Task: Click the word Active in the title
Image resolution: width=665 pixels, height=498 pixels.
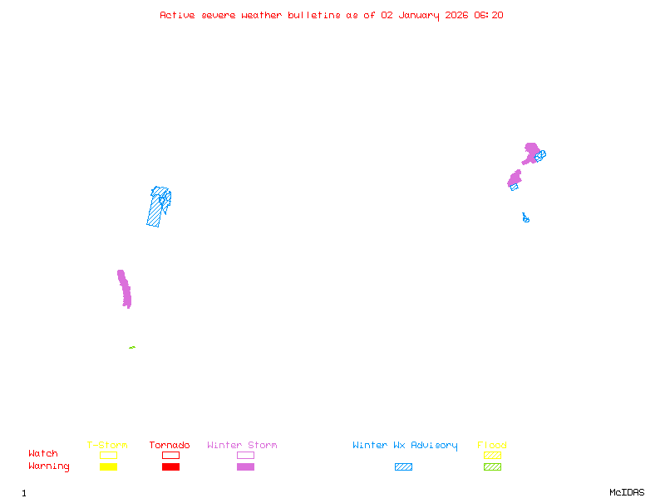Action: click(178, 15)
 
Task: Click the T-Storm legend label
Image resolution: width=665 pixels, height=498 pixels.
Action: click(107, 446)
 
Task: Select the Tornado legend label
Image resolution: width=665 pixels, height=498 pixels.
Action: click(170, 446)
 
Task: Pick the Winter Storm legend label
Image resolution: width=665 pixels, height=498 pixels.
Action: click(242, 446)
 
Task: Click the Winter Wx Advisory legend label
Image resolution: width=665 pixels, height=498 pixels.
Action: click(405, 446)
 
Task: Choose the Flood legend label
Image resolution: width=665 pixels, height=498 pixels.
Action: click(492, 446)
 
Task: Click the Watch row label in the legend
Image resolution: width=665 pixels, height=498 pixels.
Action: click(43, 454)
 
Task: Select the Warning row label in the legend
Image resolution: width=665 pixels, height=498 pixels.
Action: click(49, 466)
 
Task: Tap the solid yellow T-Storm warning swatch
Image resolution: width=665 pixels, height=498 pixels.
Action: click(108, 467)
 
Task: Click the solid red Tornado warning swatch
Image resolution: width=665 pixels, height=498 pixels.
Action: click(170, 467)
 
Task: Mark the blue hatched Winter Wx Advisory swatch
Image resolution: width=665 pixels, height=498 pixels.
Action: click(403, 467)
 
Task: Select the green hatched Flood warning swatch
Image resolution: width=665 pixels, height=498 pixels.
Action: click(492, 467)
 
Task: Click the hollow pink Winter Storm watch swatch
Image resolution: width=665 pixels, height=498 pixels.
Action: click(245, 455)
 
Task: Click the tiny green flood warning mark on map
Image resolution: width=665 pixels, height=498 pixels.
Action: click(131, 347)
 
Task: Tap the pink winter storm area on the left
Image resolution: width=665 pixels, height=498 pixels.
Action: click(125, 289)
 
